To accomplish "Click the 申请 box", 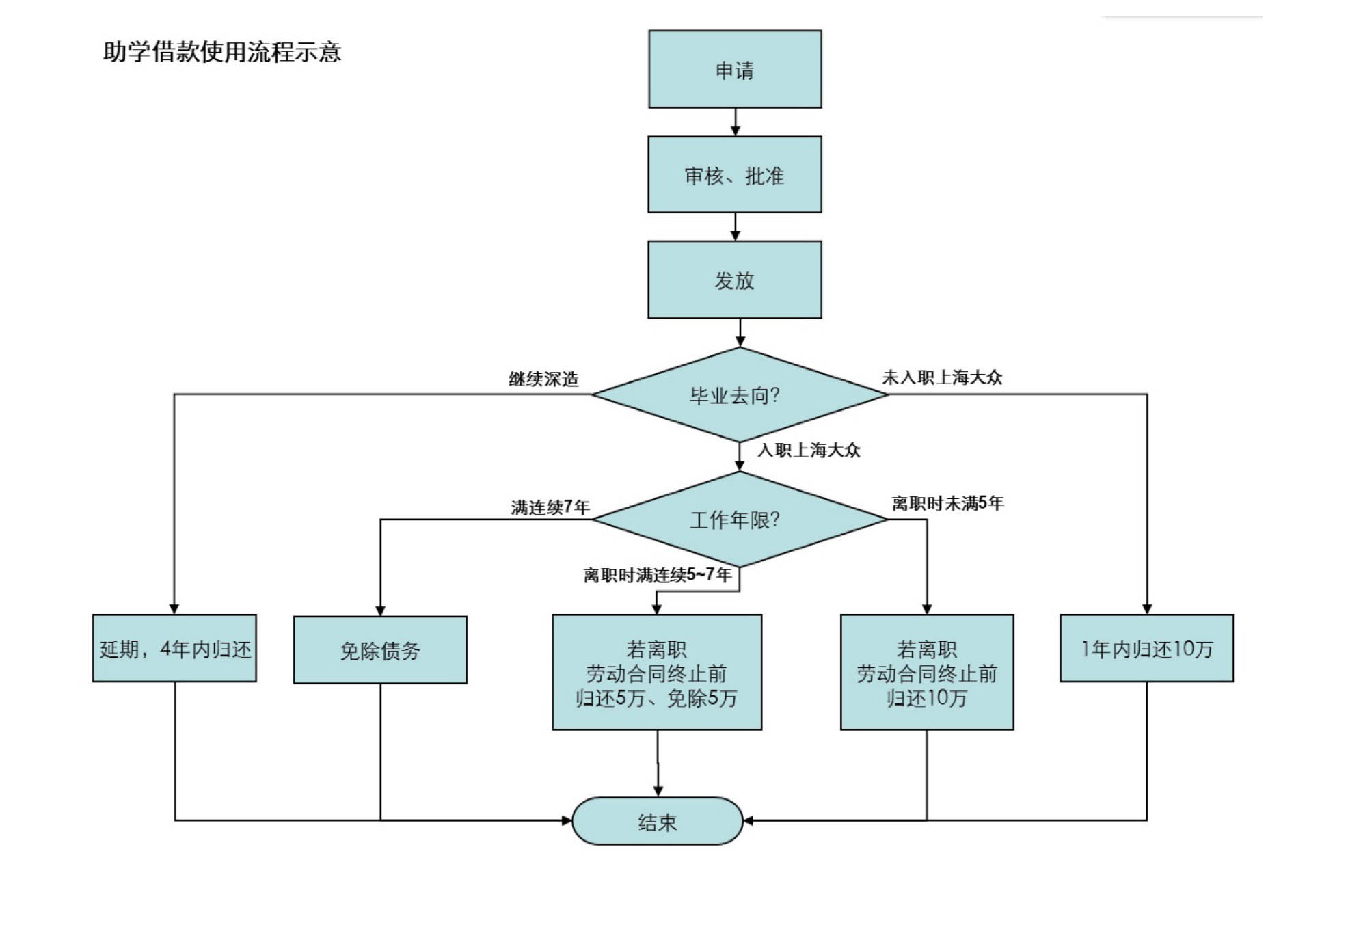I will pyautogui.click(x=735, y=69).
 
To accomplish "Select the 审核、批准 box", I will pyautogui.click(x=735, y=174).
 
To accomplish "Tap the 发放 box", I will pyautogui.click(x=735, y=280).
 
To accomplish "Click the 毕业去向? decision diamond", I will pyautogui.click(x=739, y=394).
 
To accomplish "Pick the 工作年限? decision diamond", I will pyautogui.click(x=739, y=520).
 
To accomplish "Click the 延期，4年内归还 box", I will pyautogui.click(x=174, y=648).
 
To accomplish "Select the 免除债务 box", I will pyautogui.click(x=380, y=649).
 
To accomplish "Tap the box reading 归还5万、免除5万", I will pyautogui.click(x=657, y=672).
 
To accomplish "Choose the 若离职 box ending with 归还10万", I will pyautogui.click(x=927, y=672).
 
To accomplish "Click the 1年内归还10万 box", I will pyautogui.click(x=1146, y=648).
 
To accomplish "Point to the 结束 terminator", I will pyautogui.click(x=657, y=821).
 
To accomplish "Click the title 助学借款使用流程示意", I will pyautogui.click(x=222, y=52).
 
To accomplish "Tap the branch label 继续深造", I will pyautogui.click(x=543, y=379).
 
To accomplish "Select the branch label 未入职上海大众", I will pyautogui.click(x=942, y=377).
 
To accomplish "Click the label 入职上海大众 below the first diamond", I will pyautogui.click(x=809, y=450).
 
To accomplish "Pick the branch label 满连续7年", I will pyautogui.click(x=550, y=507).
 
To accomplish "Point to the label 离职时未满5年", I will pyautogui.click(x=947, y=504).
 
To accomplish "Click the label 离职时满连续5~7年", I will pyautogui.click(x=657, y=575).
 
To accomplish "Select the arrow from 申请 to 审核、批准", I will pyautogui.click(x=736, y=122).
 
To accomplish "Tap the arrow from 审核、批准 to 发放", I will pyautogui.click(x=736, y=226).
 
